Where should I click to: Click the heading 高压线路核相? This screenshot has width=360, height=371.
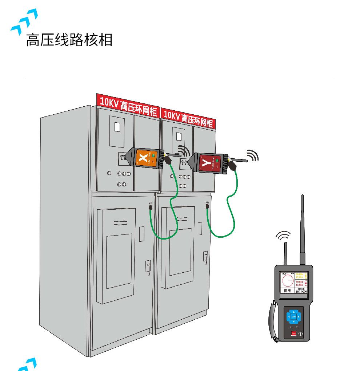69,40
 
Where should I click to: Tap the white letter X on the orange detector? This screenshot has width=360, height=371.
144,158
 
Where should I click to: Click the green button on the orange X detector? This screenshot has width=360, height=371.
153,156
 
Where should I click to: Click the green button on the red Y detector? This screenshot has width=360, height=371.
217,161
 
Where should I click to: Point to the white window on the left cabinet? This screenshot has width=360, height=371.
117,127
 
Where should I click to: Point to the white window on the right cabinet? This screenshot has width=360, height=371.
179,136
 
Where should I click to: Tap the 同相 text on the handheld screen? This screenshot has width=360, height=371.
288,291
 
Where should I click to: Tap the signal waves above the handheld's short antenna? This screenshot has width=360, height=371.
283,236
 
